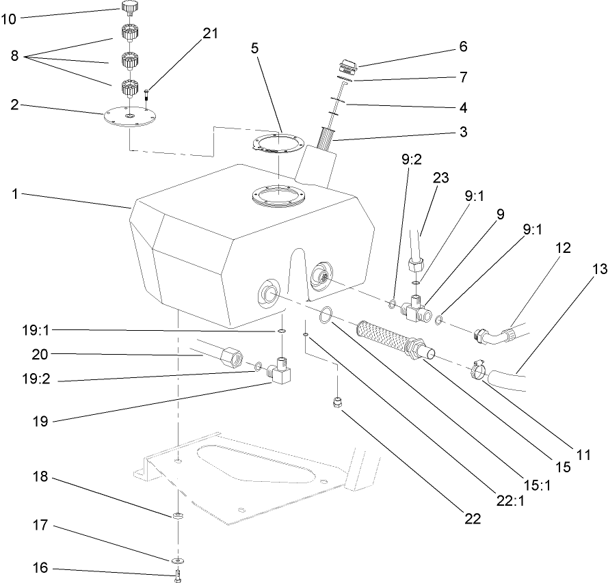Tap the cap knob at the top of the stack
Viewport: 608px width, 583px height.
(130, 8)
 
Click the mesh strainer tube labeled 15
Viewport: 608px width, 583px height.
(391, 338)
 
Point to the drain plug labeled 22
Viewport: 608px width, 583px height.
(336, 402)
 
